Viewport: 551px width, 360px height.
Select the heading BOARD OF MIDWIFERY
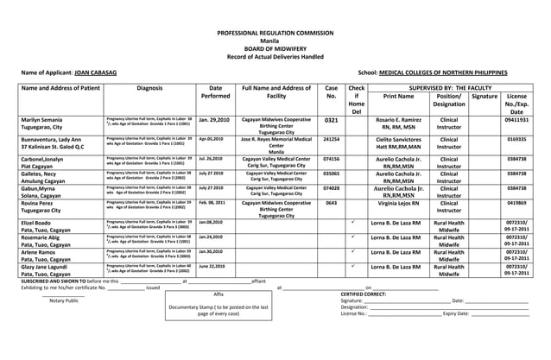pyautogui.click(x=275, y=48)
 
